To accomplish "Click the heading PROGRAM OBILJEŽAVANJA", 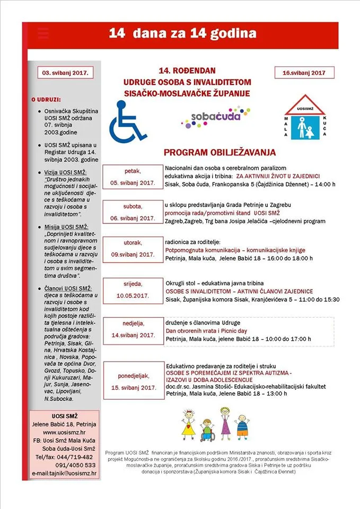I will tap(219, 153).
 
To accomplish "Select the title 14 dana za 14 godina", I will tap(182, 33).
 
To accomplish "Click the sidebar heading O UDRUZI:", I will tap(46, 99).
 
